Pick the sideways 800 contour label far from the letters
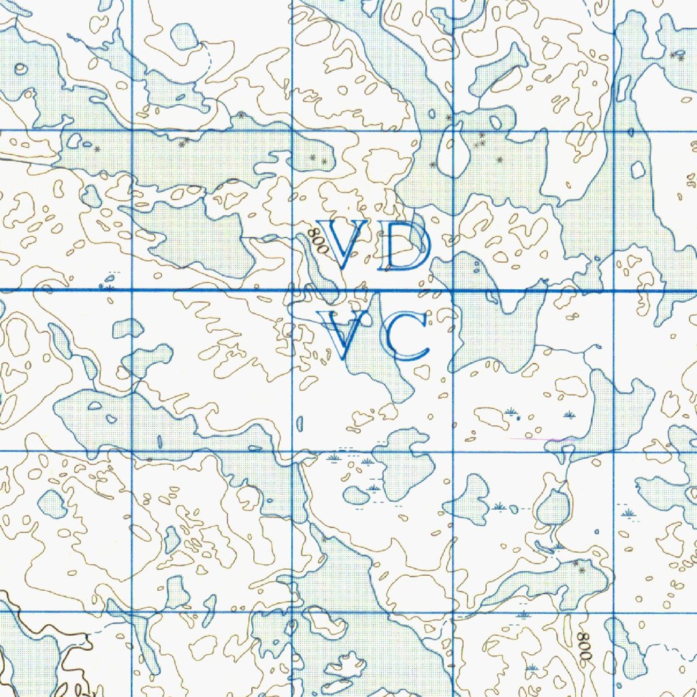583,646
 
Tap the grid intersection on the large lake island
453,130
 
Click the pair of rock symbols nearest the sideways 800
579,565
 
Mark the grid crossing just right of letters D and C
453,291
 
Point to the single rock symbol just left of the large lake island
433,165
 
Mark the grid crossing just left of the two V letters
292,291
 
